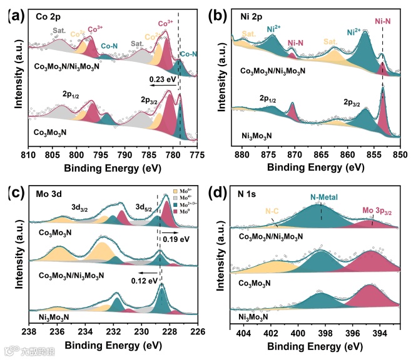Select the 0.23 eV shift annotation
coord(162,80)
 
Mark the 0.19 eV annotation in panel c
coord(176,239)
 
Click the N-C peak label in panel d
coord(272,212)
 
